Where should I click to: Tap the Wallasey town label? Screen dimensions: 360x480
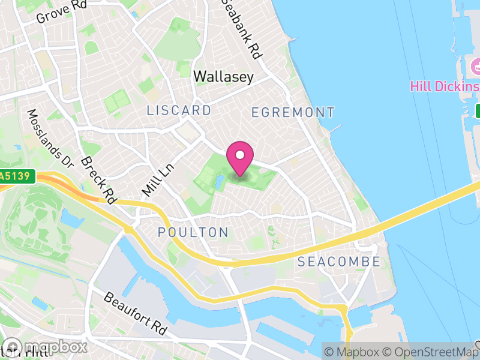point(224,77)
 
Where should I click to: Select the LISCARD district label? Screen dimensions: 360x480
point(179,110)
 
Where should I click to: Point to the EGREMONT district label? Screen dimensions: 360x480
point(293,112)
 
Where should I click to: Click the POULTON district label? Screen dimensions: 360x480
point(193,232)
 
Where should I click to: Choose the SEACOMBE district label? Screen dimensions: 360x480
point(339,262)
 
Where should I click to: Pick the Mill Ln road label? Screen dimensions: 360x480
point(153,180)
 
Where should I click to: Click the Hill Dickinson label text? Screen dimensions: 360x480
point(445,86)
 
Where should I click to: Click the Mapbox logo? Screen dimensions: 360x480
point(45,347)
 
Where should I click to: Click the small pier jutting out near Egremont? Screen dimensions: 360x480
point(335,128)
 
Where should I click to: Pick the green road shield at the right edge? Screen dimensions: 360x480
point(478,111)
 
